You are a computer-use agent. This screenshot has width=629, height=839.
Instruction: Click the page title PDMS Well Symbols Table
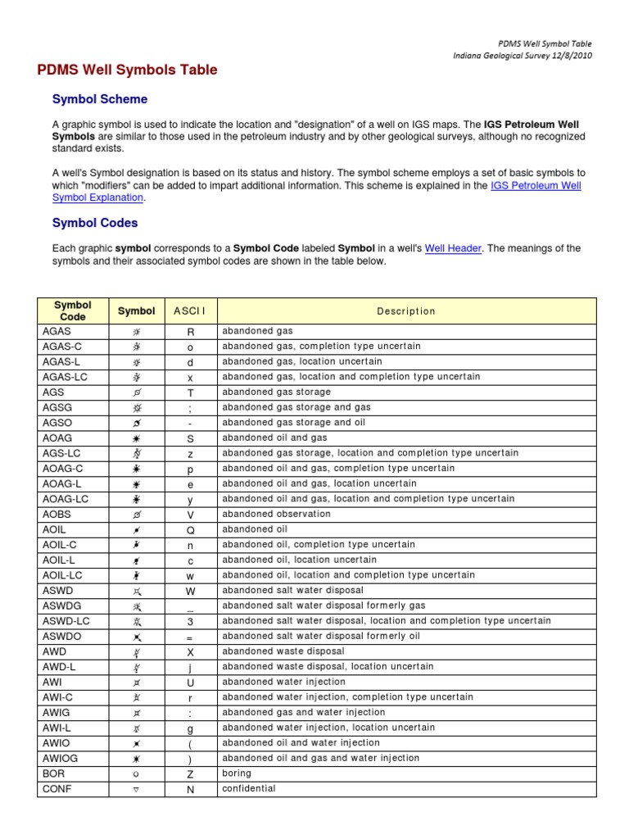(127, 70)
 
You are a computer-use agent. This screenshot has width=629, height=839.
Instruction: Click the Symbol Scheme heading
(100, 99)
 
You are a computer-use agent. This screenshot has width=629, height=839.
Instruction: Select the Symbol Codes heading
(95, 223)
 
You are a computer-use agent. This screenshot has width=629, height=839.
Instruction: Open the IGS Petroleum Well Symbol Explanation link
(536, 186)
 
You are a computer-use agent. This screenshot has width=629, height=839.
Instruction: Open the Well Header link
(453, 248)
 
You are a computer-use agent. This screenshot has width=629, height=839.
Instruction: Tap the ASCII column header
(190, 311)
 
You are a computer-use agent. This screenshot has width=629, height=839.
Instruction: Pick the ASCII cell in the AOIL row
(190, 529)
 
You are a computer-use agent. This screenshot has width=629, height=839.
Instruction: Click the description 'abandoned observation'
(277, 515)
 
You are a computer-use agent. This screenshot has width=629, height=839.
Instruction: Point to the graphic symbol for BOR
(137, 773)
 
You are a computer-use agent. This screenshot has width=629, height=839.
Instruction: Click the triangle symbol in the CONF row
(137, 789)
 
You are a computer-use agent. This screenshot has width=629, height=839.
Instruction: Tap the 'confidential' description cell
(249, 789)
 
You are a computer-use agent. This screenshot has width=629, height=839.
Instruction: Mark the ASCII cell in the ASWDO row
(190, 637)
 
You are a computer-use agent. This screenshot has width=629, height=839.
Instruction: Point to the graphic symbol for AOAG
(137, 438)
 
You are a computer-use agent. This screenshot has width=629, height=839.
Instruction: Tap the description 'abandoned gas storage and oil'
(293, 423)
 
